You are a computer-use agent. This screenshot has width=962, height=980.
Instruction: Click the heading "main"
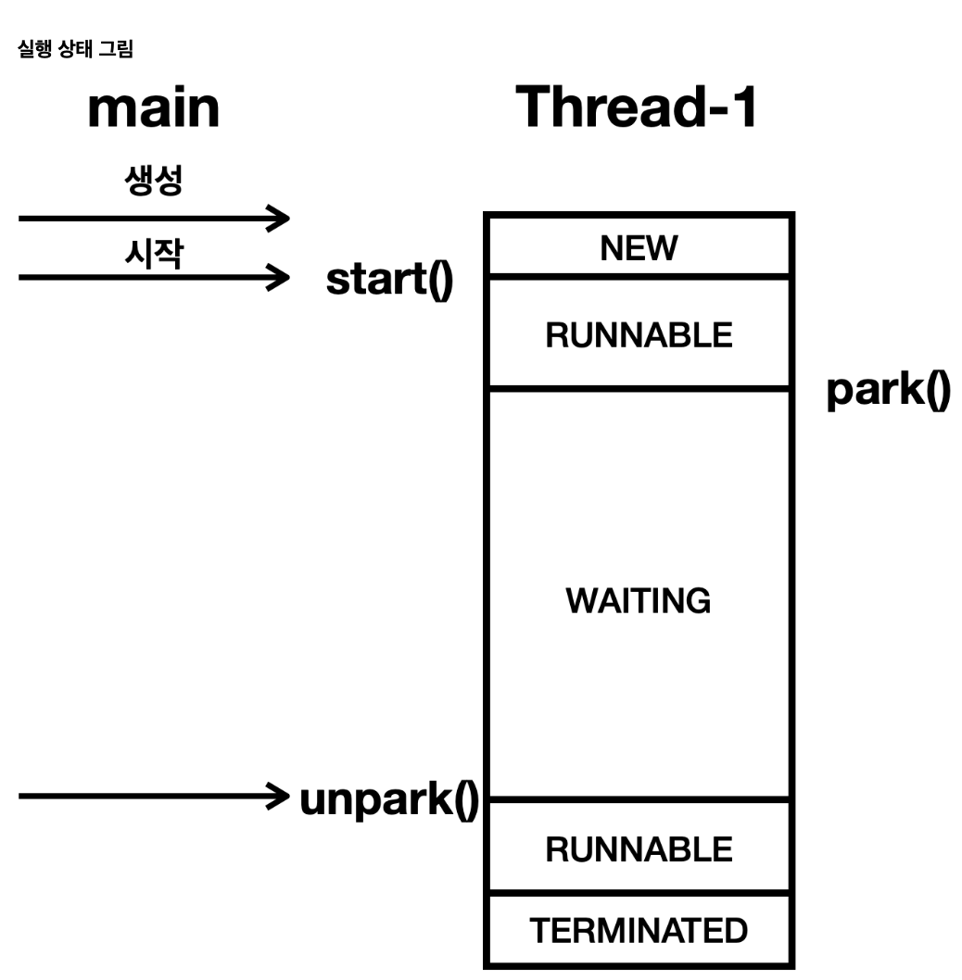(153, 108)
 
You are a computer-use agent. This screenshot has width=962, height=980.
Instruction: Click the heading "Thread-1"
(638, 107)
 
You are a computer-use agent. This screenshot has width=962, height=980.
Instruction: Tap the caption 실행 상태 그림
(75, 50)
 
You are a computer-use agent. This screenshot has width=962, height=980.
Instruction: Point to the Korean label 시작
(153, 252)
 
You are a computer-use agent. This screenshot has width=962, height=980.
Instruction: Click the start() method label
(389, 279)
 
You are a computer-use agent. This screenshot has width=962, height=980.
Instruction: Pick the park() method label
(888, 390)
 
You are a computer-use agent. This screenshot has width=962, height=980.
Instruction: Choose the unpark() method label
(389, 798)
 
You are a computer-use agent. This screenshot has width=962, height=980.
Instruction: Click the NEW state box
(639, 247)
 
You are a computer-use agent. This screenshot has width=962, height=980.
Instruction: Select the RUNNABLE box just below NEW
(639, 334)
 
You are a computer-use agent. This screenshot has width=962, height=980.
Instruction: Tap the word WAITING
(639, 601)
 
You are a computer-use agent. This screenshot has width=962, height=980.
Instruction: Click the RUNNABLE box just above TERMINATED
(639, 848)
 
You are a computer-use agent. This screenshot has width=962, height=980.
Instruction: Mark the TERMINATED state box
(639, 930)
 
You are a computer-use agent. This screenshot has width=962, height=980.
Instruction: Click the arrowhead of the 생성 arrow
(278, 220)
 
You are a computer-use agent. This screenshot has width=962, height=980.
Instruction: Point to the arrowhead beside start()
(278, 276)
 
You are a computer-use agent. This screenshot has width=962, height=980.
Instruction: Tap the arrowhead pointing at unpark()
(275, 795)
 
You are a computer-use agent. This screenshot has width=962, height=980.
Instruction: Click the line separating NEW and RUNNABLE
(639, 276)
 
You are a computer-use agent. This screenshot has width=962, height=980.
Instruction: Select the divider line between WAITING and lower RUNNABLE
(639, 800)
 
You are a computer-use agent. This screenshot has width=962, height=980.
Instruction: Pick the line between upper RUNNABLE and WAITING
(639, 389)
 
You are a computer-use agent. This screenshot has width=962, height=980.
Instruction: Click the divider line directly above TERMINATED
(639, 893)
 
